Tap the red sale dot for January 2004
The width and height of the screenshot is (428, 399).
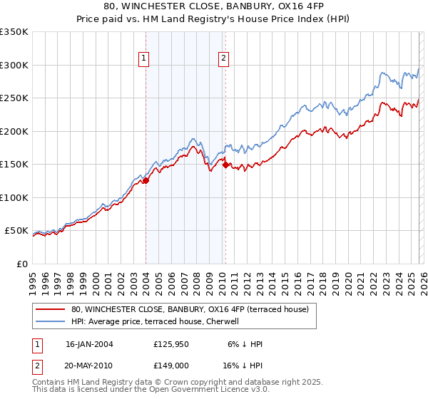click(146, 180)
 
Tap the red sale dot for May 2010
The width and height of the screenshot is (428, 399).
click(225, 165)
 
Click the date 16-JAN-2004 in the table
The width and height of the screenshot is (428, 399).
click(89, 344)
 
